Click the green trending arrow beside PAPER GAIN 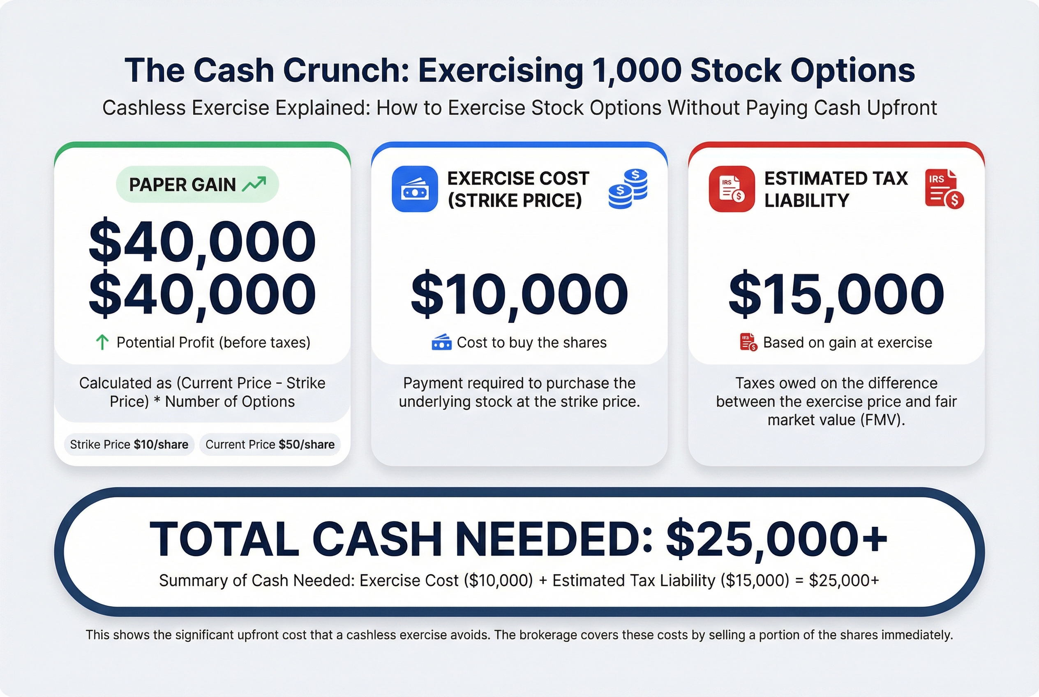254,184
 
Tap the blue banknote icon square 415,189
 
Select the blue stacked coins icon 628,189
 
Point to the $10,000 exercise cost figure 519,294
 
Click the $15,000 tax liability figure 836,294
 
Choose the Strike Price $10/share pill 129,445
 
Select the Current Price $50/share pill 270,445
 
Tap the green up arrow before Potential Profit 102,342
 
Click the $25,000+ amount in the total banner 776,539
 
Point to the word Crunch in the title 346,70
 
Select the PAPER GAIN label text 182,185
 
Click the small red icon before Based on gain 749,342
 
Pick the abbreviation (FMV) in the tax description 880,420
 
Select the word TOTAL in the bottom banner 224,539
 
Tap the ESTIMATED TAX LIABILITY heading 836,189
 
